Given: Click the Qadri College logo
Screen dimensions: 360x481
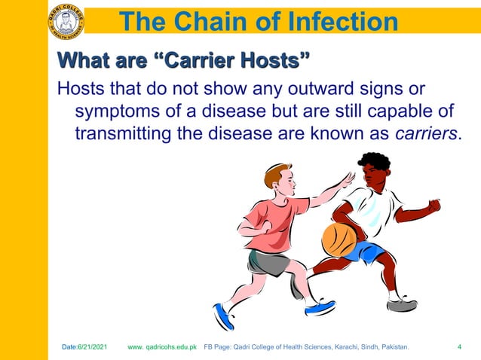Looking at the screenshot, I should coord(66,20).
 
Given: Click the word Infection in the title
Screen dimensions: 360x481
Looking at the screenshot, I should coord(335,22).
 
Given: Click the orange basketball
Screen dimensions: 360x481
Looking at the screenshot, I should coord(339,239).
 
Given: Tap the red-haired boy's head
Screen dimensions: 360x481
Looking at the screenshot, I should coord(279,181).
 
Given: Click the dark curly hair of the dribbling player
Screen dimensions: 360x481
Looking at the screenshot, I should coord(375,161).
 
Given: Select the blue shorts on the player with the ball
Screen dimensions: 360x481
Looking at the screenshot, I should coord(366,252).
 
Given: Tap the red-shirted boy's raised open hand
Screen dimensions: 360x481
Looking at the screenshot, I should coord(347,181).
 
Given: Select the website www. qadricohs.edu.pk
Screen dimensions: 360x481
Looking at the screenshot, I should coord(162,347).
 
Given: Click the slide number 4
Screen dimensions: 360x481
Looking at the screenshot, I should coord(460,347).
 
